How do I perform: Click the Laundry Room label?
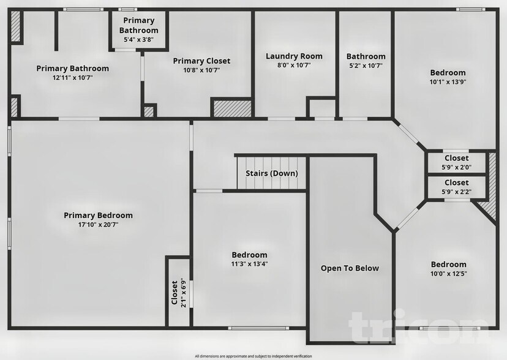pos(294,56)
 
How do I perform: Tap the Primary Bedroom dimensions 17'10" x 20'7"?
pos(98,225)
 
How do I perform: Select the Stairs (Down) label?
pos(272,173)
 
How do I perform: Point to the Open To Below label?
pos(350,268)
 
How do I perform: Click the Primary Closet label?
pos(201,61)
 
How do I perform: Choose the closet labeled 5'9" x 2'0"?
pos(456,167)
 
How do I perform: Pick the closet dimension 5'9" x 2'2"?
pos(456,191)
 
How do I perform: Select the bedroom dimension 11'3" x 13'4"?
pos(249,264)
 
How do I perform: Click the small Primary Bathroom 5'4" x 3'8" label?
pos(138,39)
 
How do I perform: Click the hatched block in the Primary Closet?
pos(232,108)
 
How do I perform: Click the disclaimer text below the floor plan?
pos(253,356)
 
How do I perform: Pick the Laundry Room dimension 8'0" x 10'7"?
pos(294,66)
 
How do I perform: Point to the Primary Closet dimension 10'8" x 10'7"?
pos(201,70)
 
